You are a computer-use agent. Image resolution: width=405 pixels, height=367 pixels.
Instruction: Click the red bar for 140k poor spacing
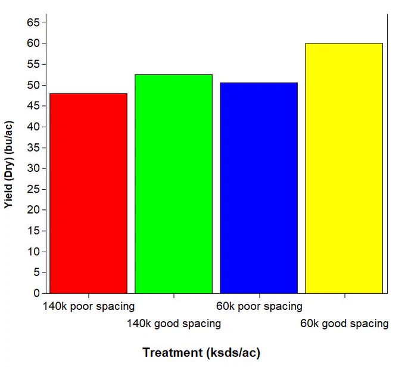pyautogui.click(x=88, y=193)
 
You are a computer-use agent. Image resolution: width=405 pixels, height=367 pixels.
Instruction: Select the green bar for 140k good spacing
pyautogui.click(x=173, y=184)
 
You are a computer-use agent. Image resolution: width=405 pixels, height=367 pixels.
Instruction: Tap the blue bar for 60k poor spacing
pyautogui.click(x=259, y=188)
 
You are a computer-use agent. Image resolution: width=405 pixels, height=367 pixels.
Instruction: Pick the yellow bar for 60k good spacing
pyautogui.click(x=344, y=168)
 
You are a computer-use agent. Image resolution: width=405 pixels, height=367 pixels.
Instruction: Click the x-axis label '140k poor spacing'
pyautogui.click(x=89, y=307)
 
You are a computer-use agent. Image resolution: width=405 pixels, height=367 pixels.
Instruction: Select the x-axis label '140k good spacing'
pyautogui.click(x=174, y=324)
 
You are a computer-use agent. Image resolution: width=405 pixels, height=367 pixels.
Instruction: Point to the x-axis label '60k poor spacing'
pyautogui.click(x=259, y=307)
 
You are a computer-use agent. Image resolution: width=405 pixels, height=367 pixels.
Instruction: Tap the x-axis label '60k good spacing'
pyautogui.click(x=345, y=324)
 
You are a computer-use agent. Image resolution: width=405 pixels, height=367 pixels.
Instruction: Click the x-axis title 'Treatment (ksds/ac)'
pyautogui.click(x=201, y=353)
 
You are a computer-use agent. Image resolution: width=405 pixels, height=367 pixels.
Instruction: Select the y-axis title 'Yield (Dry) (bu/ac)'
pyautogui.click(x=9, y=165)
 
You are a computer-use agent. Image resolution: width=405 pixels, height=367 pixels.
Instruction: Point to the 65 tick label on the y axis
pyautogui.click(x=33, y=23)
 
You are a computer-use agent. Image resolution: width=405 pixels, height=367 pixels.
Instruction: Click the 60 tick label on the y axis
pyautogui.click(x=33, y=43)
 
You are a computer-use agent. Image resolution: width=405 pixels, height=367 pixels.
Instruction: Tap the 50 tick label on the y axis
pyautogui.click(x=33, y=85)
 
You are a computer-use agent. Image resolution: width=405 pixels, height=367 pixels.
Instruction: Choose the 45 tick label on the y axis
pyautogui.click(x=33, y=106)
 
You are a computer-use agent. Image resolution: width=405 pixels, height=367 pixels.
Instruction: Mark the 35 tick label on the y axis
pyautogui.click(x=33, y=148)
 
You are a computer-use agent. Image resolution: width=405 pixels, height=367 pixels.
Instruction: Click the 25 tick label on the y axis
pyautogui.click(x=33, y=189)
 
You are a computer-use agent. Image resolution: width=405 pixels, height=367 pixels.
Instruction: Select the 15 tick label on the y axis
pyautogui.click(x=33, y=231)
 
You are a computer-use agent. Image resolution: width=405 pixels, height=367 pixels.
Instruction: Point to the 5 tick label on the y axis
pyautogui.click(x=37, y=272)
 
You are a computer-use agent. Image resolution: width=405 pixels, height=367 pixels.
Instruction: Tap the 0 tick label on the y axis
pyautogui.click(x=37, y=293)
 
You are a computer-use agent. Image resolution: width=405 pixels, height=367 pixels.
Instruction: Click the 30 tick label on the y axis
pyautogui.click(x=33, y=168)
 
